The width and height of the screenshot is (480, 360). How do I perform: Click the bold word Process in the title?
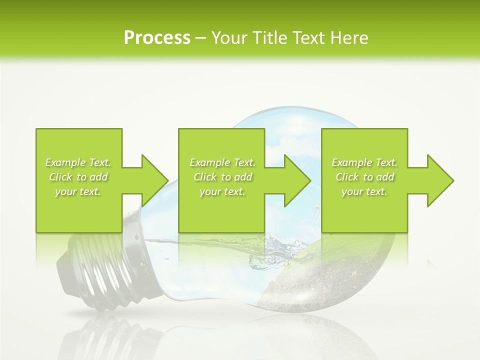[x=157, y=38]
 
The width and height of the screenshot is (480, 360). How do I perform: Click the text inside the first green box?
[x=78, y=177]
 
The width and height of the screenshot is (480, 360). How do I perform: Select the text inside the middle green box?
[x=222, y=177]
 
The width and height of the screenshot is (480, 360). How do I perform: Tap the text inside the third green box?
[x=364, y=177]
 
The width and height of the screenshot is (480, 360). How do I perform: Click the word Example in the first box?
[x=65, y=162]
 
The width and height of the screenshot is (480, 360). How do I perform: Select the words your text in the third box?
[x=364, y=191]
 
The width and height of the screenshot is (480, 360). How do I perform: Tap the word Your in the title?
[x=228, y=38]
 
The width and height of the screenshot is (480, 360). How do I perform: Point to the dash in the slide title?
[x=201, y=38]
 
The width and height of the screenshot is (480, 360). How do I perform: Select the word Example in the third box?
[x=351, y=162]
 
